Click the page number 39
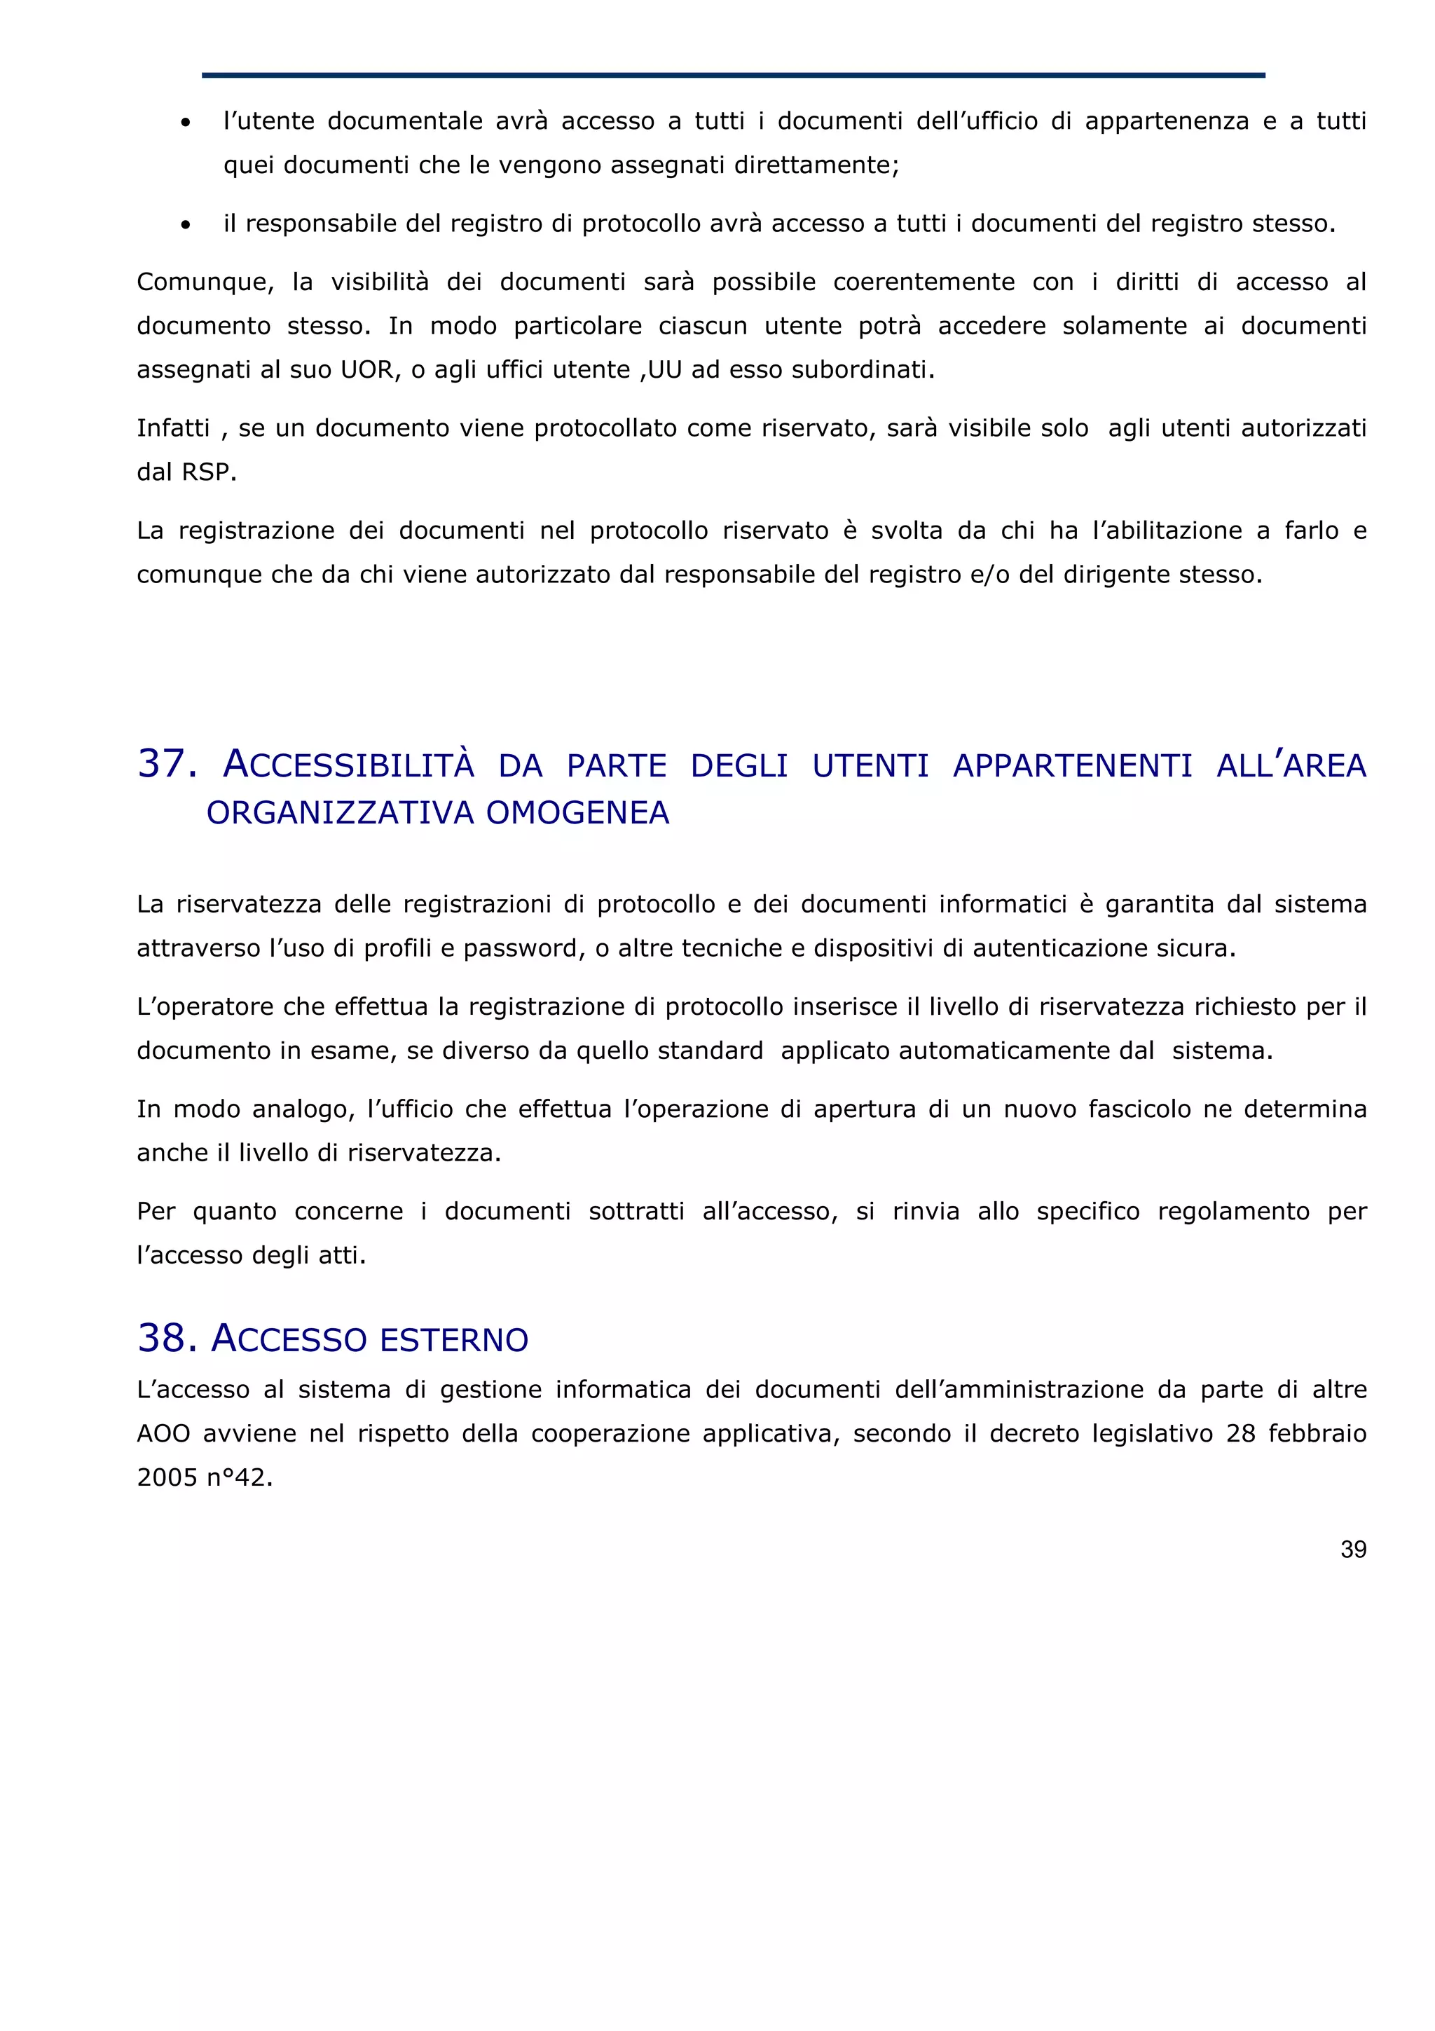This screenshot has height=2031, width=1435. point(1353,1549)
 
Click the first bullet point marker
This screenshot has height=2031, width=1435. point(185,123)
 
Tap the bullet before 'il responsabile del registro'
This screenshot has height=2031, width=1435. point(185,226)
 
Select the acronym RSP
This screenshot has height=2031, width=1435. point(209,472)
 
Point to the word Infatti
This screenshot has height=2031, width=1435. point(173,428)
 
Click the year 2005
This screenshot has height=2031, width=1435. point(167,1477)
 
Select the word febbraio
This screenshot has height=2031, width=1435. point(1317,1433)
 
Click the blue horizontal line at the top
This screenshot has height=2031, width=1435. point(733,75)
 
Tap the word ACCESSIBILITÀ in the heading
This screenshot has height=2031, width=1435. point(348,765)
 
